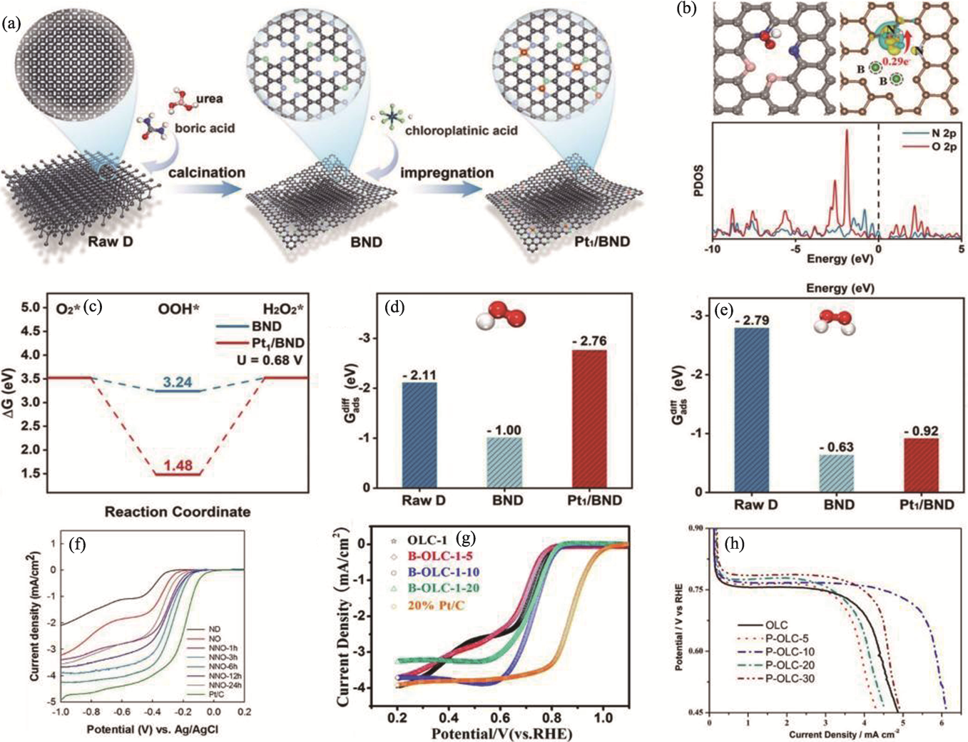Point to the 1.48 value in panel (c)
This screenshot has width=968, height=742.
178,465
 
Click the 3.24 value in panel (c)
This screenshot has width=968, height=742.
178,382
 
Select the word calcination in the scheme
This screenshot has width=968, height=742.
207,172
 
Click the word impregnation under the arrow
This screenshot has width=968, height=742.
447,172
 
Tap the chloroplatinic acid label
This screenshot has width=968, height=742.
461,130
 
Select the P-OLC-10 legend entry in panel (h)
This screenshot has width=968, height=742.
789,651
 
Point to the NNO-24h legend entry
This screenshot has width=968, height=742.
225,684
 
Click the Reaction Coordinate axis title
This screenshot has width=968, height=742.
178,512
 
